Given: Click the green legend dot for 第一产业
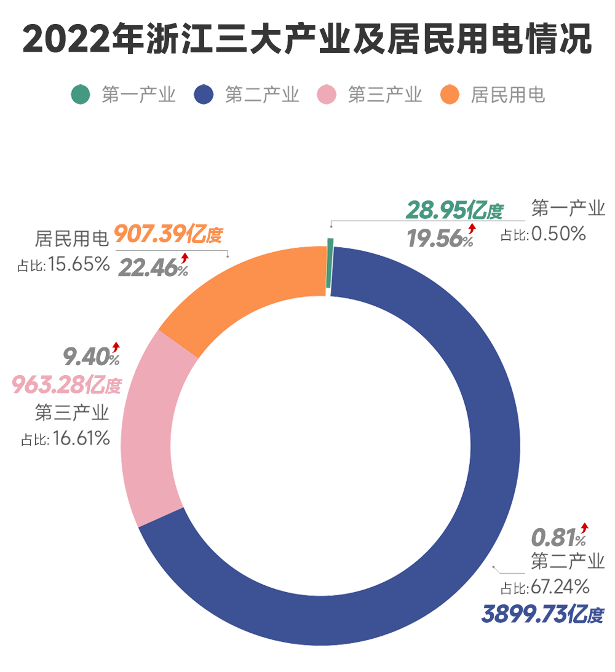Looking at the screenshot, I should pyautogui.click(x=81, y=95).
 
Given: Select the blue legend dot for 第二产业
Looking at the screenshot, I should pyautogui.click(x=204, y=95).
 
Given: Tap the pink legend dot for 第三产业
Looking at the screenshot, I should pyautogui.click(x=327, y=95).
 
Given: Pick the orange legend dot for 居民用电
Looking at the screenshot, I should pyautogui.click(x=450, y=95).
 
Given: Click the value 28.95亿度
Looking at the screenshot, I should pyautogui.click(x=454, y=211).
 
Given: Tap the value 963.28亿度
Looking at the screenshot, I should pyautogui.click(x=66, y=385).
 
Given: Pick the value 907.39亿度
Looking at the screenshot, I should pyautogui.click(x=168, y=234).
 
